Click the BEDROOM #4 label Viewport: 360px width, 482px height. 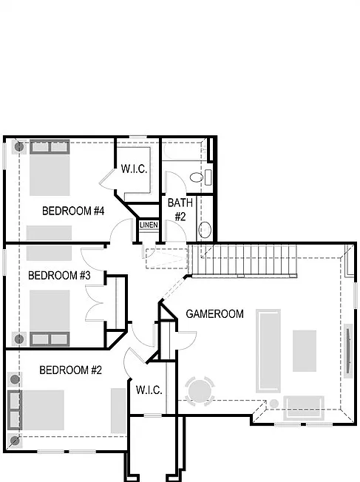[x=73, y=211]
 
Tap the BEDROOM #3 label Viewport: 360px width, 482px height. [x=59, y=275]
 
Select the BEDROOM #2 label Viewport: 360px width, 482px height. [x=70, y=370]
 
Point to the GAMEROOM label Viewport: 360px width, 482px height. [x=214, y=314]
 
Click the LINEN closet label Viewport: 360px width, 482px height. [x=149, y=225]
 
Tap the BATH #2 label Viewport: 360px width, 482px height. [x=180, y=210]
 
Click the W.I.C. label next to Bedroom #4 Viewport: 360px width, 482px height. [x=134, y=169]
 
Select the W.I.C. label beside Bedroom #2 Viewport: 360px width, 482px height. [x=149, y=390]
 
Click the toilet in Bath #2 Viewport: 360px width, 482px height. [x=201, y=177]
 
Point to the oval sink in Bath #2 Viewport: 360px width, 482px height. [x=205, y=230]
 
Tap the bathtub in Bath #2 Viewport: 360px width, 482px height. [x=185, y=150]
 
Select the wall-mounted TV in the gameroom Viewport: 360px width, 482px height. [x=349, y=351]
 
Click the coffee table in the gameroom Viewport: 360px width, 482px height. [x=305, y=350]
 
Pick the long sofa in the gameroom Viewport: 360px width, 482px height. [x=268, y=350]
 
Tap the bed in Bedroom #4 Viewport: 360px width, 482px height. [x=50, y=168]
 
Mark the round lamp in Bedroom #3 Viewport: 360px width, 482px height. [x=19, y=339]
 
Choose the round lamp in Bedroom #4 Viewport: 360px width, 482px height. [x=19, y=146]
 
